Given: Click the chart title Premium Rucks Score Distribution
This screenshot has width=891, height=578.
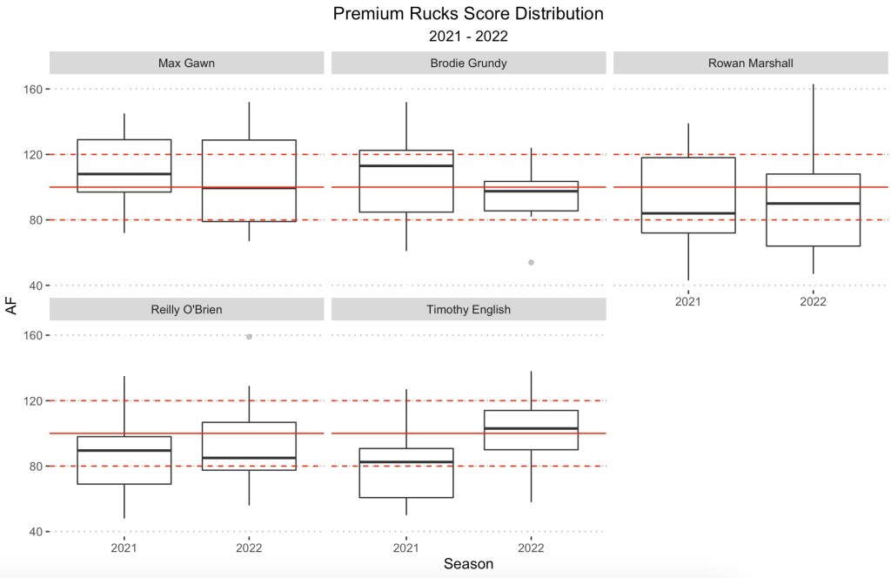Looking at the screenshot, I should click(468, 15).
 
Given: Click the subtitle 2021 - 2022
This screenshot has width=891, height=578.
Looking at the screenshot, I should click(468, 37).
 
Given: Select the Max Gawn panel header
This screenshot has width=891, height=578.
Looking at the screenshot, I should click(186, 63).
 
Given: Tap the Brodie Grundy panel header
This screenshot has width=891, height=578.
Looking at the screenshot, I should click(468, 63).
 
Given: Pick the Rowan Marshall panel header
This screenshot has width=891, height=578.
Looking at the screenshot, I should click(750, 63).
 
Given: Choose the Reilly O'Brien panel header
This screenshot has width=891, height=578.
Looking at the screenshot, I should click(186, 309).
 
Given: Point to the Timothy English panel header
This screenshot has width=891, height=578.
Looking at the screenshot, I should click(468, 309).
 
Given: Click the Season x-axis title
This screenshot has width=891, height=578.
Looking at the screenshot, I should click(468, 564).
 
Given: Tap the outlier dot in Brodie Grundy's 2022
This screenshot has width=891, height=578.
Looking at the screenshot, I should click(531, 262).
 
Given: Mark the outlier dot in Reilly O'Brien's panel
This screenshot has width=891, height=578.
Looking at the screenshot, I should click(249, 336).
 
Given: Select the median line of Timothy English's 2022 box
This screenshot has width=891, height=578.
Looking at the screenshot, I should click(531, 428).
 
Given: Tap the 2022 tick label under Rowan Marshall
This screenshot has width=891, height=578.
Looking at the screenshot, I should click(813, 302).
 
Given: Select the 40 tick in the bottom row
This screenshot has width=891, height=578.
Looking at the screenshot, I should click(36, 532).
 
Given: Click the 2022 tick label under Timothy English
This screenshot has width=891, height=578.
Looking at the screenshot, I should click(531, 548).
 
